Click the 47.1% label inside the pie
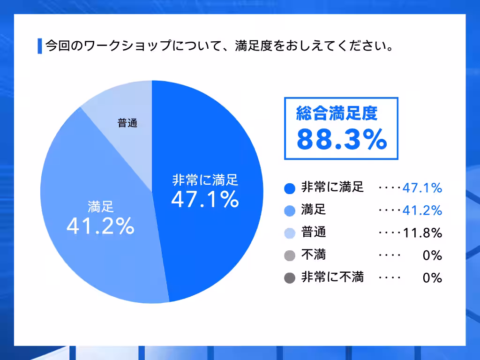(205, 199)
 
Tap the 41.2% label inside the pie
(101, 226)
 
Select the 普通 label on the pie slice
(127, 124)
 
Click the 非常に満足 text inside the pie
(205, 180)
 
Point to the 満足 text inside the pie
(101, 207)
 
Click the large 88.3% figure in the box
(342, 139)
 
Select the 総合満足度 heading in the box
(337, 113)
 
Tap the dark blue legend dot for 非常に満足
(290, 188)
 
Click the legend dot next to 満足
(290, 211)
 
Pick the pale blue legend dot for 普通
(290, 233)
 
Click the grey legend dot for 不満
(290, 255)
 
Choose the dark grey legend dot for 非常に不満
(290, 278)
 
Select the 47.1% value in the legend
(422, 188)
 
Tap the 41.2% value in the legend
(422, 211)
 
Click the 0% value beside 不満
(432, 255)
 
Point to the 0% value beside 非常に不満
(432, 278)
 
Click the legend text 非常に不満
(332, 277)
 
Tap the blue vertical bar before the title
(39, 46)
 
